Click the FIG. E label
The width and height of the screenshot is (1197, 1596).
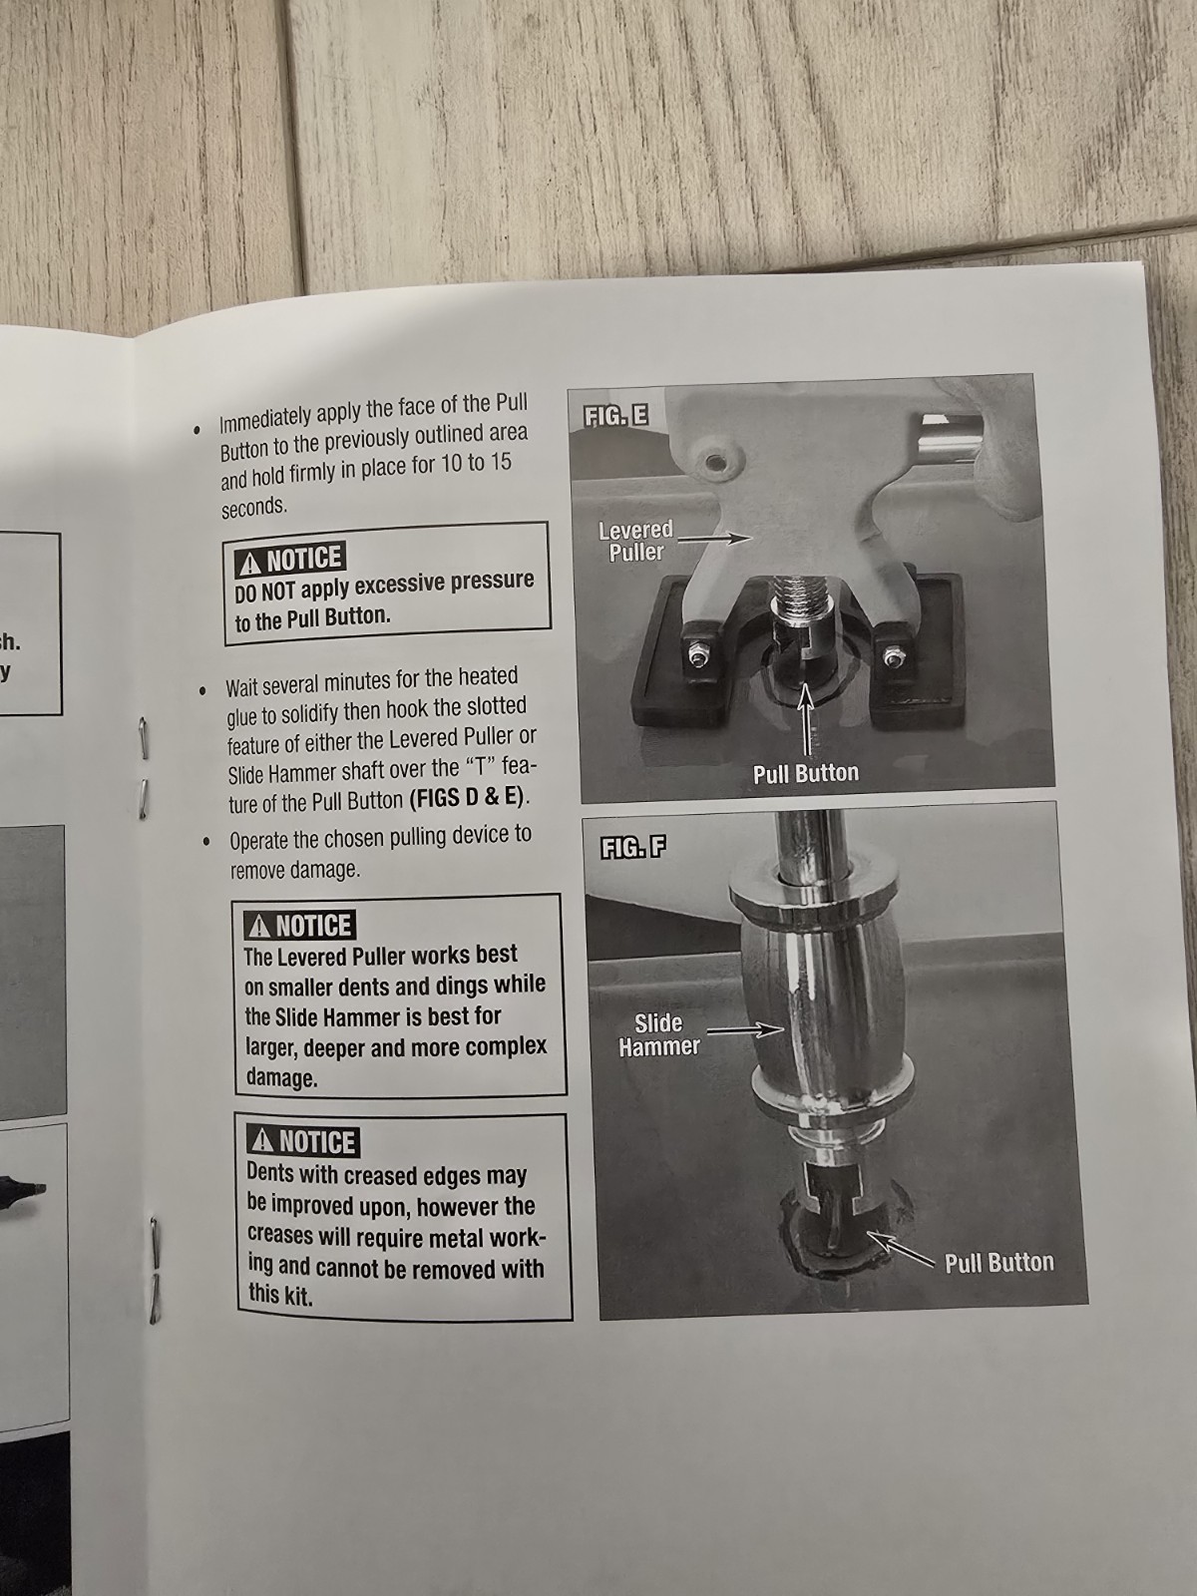pos(615,416)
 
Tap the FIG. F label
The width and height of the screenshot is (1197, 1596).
pos(632,848)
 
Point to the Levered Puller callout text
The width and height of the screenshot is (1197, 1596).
pos(636,541)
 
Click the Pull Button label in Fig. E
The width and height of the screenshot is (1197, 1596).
pos(806,773)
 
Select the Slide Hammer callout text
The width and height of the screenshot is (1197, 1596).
pos(657,1034)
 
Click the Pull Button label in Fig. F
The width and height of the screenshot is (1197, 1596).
pos(999,1263)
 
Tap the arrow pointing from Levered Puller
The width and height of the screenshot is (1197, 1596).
pos(714,538)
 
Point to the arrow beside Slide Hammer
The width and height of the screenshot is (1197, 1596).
pos(745,1030)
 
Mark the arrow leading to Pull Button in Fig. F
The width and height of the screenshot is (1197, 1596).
pos(901,1249)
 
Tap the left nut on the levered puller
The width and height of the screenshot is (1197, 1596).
pos(697,656)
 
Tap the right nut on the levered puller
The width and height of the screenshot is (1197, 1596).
pos(891,657)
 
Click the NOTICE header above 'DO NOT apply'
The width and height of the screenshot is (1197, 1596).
pos(290,560)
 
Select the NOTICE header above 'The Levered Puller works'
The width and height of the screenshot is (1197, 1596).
pos(300,926)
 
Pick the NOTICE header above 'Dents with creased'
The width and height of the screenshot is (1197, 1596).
pos(303,1142)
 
